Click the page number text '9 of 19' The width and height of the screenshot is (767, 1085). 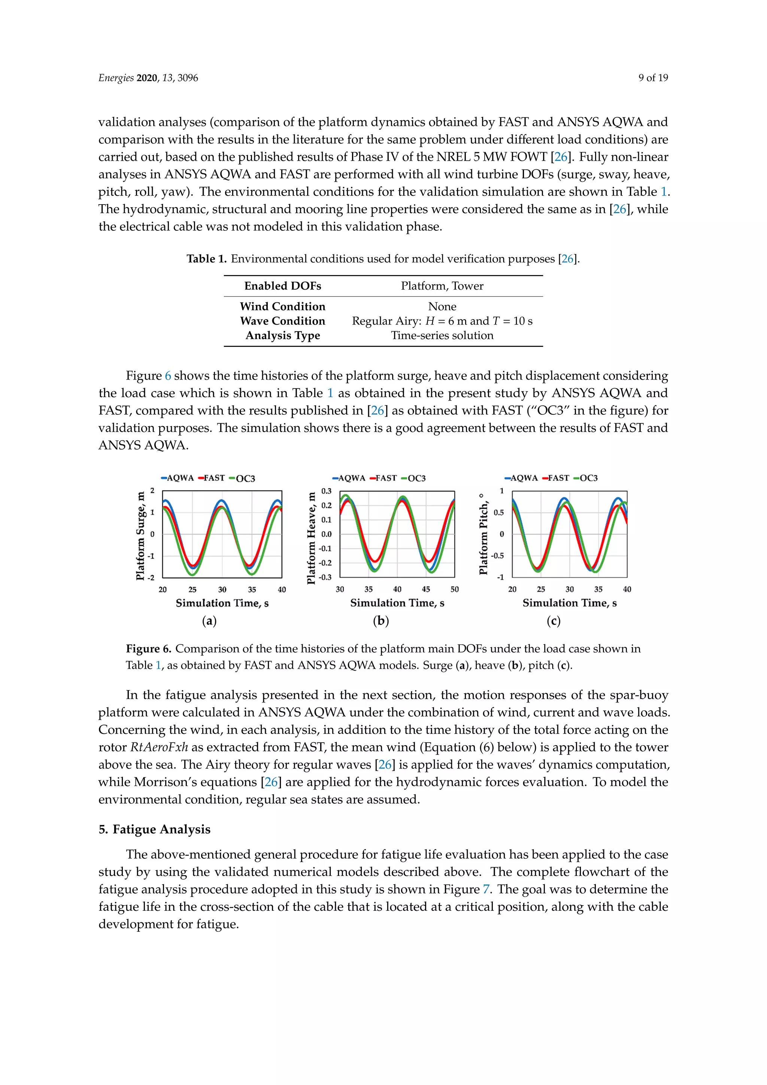653,78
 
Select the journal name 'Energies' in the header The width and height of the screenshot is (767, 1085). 116,78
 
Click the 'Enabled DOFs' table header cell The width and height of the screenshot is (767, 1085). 282,286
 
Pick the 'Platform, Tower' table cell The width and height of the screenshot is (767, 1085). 442,286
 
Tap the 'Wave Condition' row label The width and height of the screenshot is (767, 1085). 282,321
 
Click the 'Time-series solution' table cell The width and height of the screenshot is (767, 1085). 442,336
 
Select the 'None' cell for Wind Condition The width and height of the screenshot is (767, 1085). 442,306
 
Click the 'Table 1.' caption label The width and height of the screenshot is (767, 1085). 206,259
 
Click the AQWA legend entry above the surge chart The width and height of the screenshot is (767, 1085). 178,478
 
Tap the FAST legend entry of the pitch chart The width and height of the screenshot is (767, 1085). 555,478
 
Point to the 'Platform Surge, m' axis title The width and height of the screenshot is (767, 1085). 140,536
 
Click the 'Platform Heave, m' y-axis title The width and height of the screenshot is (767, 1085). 311,538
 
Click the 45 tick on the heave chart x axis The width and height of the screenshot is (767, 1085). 425,589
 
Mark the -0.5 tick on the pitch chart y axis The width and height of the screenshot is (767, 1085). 497,556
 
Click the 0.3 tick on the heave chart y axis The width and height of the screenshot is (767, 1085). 326,491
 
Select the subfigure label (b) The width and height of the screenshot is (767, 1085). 381,620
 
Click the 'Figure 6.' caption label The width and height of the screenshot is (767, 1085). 148,649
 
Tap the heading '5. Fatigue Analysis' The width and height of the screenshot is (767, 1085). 154,829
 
